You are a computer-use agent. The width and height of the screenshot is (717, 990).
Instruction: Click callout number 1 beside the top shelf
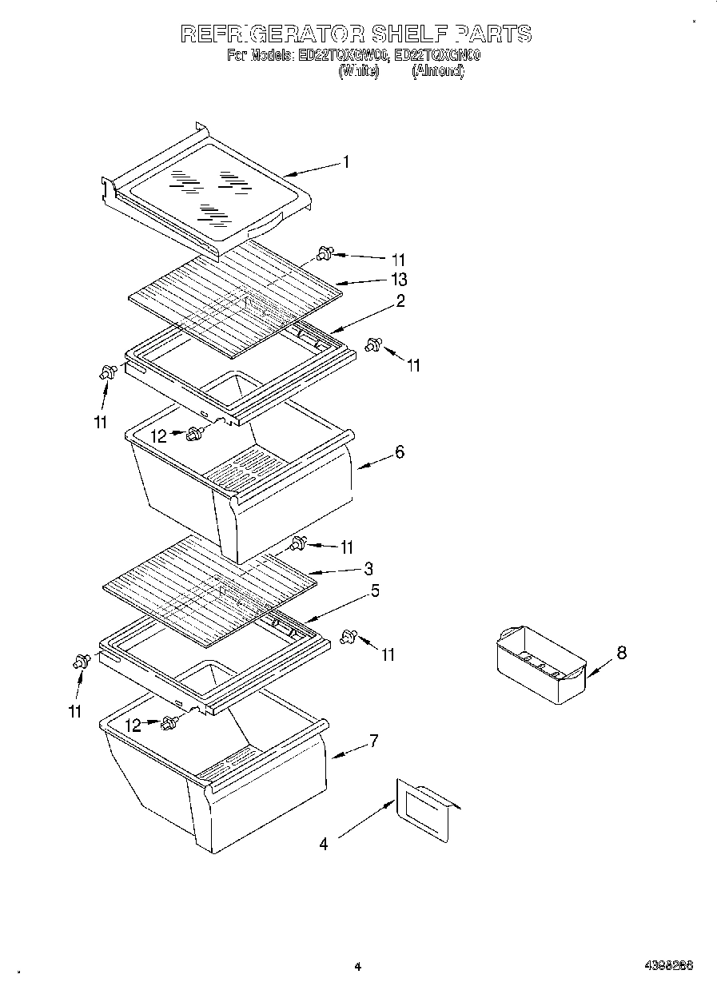point(345,162)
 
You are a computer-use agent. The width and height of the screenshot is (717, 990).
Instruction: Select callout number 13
point(398,279)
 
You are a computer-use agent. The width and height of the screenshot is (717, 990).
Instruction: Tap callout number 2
point(400,301)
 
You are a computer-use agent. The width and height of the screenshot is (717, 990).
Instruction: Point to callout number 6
point(399,452)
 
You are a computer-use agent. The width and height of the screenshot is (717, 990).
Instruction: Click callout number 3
point(368,569)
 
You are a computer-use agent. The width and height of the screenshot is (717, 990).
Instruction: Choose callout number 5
point(374,591)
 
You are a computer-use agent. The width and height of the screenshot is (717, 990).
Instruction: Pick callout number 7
point(373,741)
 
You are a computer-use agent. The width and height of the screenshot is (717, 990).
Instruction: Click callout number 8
point(621,654)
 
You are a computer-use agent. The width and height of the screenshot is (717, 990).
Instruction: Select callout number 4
point(323,844)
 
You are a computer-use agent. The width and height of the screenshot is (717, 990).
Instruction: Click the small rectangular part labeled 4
point(424,803)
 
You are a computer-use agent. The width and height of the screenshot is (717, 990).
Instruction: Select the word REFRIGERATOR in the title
point(273,34)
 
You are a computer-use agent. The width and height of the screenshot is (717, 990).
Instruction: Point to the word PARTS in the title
point(492,34)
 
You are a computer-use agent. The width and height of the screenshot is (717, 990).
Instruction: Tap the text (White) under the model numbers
point(358,71)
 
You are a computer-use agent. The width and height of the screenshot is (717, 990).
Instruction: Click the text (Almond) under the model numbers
point(437,71)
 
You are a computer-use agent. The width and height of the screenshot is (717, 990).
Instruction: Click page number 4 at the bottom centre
point(358,967)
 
